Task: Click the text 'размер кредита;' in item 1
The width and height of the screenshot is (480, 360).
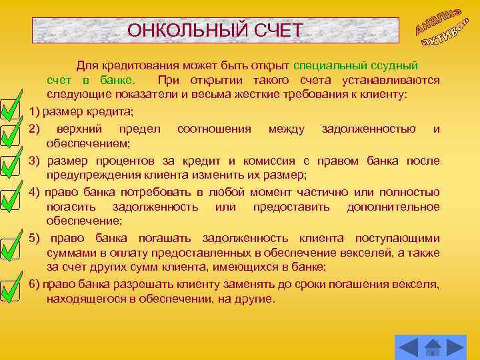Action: pos(88,110)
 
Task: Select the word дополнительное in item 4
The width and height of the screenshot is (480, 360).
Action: pos(393,207)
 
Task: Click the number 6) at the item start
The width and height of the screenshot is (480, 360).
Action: pos(35,285)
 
